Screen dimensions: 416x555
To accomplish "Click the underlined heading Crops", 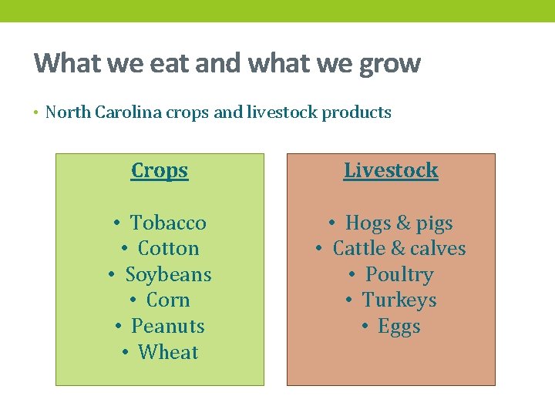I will pos(160,170).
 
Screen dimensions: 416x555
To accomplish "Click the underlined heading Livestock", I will pos(391,170).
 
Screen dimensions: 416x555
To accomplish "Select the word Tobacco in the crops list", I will pos(168,223).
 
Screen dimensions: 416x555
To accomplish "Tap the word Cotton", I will pos(168,249).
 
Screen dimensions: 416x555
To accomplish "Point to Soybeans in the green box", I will pos(168,275).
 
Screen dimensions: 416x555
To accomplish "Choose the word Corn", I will pos(168,300).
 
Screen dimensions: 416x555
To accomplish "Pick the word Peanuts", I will pos(168,327).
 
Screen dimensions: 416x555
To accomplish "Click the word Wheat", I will pos(168,353).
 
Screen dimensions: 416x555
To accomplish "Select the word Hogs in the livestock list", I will pos(368,224).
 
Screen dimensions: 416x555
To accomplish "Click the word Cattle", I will pos(359,249).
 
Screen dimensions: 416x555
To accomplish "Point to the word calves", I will pos(438,249).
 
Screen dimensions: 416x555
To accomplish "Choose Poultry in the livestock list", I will pos(399,275).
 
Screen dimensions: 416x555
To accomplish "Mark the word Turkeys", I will pos(399,300).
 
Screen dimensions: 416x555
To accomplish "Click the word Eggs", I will pos(399,327).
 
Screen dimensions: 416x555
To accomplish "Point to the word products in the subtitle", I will pos(356,113).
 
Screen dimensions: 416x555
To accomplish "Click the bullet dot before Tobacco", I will pos(115,223).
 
